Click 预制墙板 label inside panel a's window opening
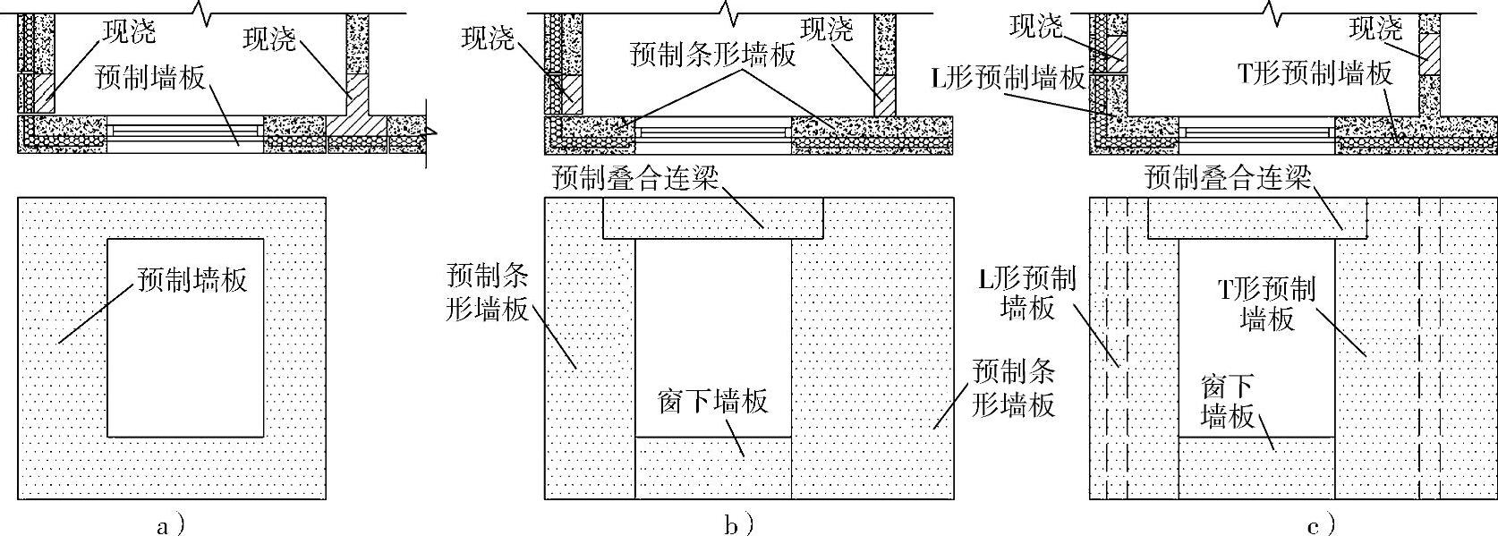[192, 279]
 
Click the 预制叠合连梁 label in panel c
[1228, 178]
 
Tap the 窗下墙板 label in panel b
[712, 401]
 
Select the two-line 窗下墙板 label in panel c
[1228, 401]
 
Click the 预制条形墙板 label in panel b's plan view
[712, 55]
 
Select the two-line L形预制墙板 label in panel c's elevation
[1026, 293]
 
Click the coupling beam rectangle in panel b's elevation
[712, 218]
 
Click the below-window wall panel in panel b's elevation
[712, 468]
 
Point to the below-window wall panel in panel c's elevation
[1256, 468]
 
